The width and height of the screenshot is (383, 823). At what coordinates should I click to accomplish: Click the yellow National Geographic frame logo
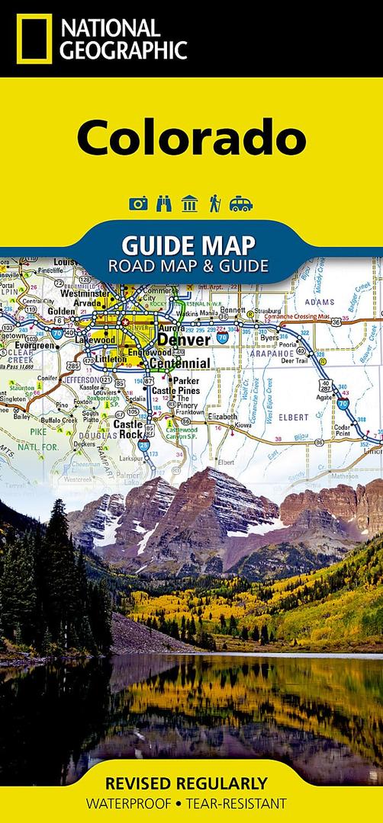[32, 39]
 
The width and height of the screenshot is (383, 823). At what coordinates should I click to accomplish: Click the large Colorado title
[191, 138]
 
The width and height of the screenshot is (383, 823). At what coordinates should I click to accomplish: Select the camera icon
[138, 203]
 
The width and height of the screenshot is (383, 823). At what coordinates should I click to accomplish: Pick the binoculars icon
[164, 203]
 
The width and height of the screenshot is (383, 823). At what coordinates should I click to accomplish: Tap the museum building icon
[190, 203]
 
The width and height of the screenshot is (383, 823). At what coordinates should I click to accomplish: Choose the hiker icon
[215, 203]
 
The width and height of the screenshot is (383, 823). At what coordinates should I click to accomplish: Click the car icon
[241, 203]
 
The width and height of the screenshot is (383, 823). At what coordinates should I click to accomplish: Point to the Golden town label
[62, 311]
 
